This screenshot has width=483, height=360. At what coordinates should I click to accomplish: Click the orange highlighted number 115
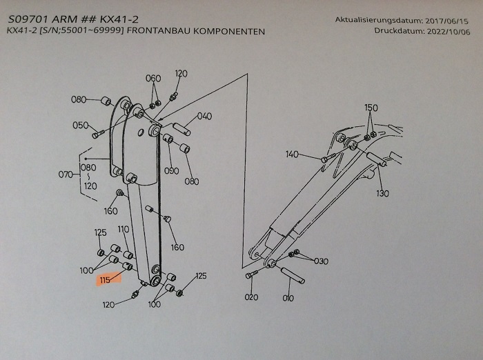[105, 280]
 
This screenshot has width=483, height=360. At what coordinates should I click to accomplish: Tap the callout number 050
[80, 125]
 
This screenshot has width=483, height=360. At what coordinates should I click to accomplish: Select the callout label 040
[204, 116]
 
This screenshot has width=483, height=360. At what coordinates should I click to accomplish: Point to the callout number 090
[172, 170]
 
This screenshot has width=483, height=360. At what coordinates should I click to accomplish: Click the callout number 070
[65, 174]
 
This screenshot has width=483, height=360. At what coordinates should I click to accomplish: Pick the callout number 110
[124, 229]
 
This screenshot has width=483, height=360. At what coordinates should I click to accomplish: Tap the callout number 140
[292, 154]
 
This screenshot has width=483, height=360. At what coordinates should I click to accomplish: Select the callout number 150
[371, 108]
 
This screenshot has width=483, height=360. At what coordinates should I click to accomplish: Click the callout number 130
[382, 194]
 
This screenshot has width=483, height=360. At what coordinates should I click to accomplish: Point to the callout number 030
[321, 261]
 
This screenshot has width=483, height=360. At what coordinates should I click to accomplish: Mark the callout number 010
[288, 299]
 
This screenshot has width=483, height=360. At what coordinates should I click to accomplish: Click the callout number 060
[153, 78]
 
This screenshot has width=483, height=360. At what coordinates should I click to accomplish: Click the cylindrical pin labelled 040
[181, 129]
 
